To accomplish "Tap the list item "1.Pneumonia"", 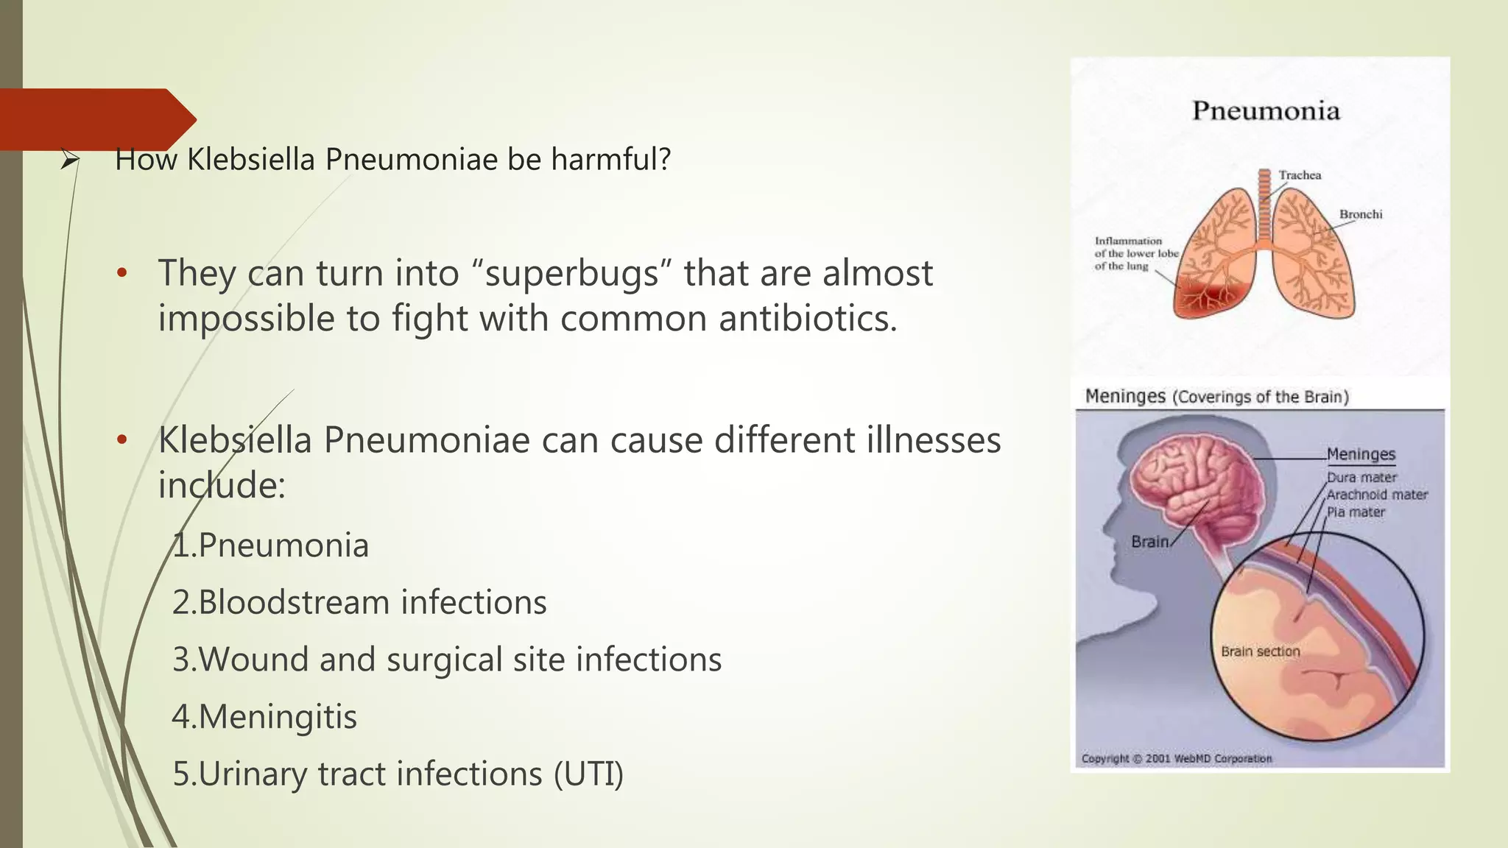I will point(270,545).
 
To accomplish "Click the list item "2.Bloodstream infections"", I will point(359,602).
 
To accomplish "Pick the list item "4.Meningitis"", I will point(264,716).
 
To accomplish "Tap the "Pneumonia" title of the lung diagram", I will point(1266,111).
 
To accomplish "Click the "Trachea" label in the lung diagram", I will point(1300,175).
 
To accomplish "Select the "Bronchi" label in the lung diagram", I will point(1360,214).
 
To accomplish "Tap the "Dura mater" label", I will point(1361,477).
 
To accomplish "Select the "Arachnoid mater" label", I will point(1377,495).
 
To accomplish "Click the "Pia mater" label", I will point(1356,512).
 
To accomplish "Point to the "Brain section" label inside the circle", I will point(1260,651).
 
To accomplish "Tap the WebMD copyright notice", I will point(1176,758).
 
